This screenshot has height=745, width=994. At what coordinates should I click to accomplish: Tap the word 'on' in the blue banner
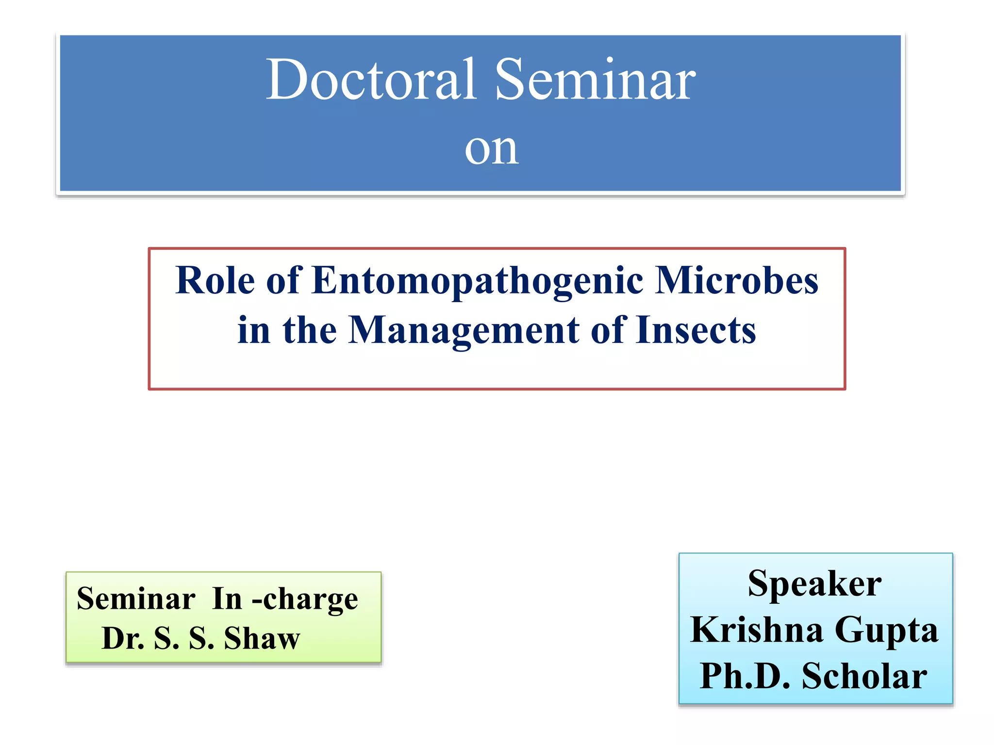(x=491, y=148)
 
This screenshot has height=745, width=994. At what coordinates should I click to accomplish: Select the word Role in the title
(x=215, y=281)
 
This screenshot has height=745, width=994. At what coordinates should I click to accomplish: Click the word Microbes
(x=736, y=281)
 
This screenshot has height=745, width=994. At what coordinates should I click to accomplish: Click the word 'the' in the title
(x=310, y=330)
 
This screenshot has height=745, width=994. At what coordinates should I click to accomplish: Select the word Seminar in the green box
(x=136, y=599)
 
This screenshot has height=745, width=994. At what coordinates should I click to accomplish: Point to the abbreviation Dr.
(x=123, y=638)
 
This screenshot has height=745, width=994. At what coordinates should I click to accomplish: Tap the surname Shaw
(x=262, y=638)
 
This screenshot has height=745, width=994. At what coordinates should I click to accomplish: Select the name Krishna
(x=757, y=630)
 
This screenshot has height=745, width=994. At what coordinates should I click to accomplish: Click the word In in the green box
(x=227, y=599)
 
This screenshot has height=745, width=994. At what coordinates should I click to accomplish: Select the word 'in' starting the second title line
(x=253, y=330)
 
